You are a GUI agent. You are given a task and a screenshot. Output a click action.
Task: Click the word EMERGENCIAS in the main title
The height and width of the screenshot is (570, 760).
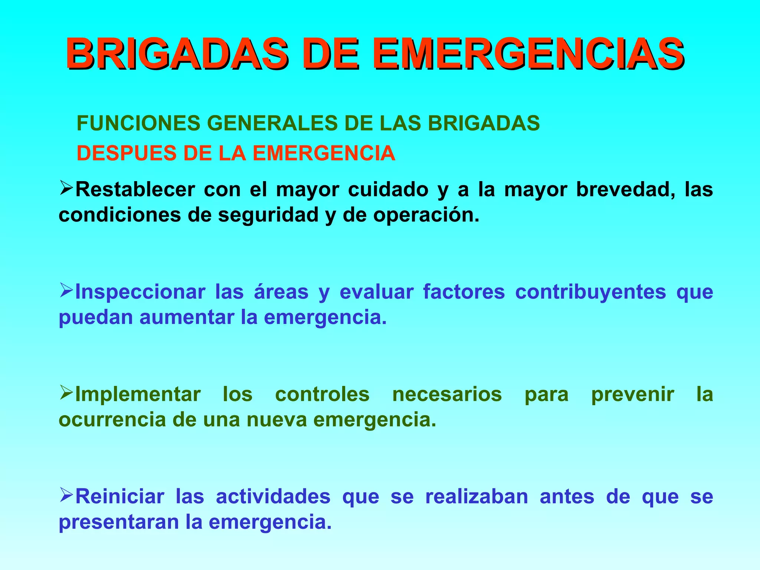pos(528,55)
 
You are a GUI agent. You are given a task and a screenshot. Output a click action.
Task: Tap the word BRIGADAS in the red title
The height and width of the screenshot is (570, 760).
pos(177,55)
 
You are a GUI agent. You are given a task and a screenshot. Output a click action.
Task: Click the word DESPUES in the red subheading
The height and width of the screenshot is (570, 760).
pos(126,153)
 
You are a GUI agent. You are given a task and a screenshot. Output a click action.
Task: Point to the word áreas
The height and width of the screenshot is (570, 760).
pos(281,292)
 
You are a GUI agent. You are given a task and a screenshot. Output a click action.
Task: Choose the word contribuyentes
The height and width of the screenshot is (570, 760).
pos(590,292)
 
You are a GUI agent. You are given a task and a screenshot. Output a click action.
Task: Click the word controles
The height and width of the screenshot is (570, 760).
pos(322,394)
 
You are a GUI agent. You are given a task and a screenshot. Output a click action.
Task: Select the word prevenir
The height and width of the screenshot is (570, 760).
pos(632,394)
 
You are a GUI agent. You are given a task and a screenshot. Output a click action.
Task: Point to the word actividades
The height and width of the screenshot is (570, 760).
pos(273,497)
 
